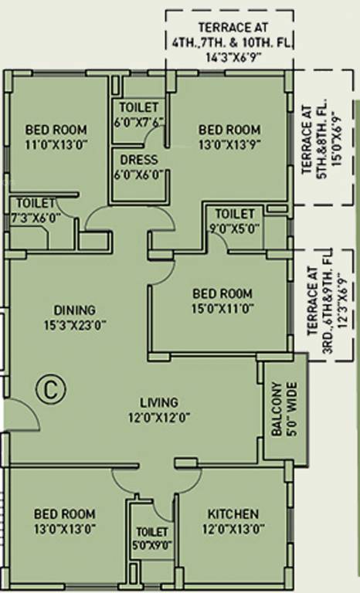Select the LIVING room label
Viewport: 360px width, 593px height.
point(159,402)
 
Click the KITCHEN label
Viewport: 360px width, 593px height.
point(233,514)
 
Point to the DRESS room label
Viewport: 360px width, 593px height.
point(139,160)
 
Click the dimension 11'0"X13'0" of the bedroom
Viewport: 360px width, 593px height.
point(55,144)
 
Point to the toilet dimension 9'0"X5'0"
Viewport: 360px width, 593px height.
point(234,228)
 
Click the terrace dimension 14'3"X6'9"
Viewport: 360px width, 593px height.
point(230,56)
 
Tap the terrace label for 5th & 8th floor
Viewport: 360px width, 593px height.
point(318,138)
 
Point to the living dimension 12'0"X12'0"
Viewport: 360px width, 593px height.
point(159,418)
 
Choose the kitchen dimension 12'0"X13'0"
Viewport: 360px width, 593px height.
point(233,530)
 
